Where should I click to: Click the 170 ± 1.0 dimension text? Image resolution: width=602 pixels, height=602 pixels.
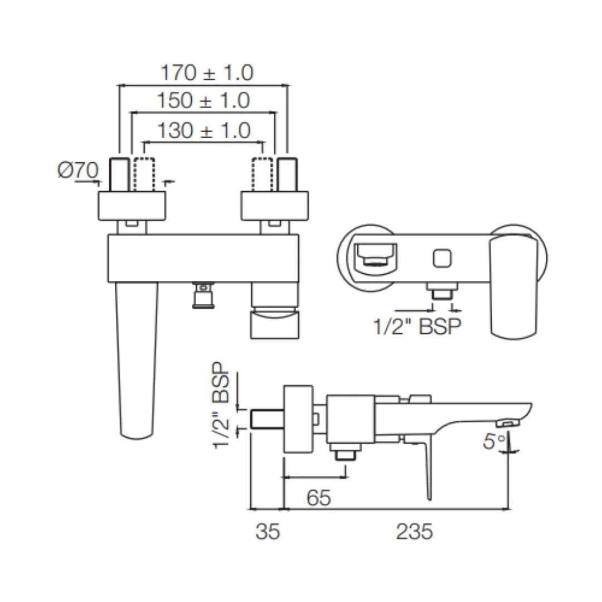click(207, 72)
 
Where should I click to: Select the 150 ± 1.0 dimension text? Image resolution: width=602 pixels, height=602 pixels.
click(203, 101)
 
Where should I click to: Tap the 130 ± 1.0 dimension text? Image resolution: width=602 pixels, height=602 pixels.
click(203, 130)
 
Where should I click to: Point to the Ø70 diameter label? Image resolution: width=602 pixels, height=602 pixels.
click(77, 170)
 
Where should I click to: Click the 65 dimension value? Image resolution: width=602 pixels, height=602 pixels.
click(318, 498)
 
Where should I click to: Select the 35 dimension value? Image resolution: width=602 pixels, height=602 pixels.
click(268, 532)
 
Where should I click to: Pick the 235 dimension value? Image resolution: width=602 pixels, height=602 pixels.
click(414, 532)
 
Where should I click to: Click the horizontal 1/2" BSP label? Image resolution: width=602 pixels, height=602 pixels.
click(417, 326)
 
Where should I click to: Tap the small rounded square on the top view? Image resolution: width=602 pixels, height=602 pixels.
click(441, 258)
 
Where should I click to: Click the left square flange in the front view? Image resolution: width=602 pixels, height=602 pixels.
click(132, 206)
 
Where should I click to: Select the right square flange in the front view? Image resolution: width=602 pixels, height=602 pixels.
click(274, 206)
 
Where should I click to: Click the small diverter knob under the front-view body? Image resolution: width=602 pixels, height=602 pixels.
click(203, 295)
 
